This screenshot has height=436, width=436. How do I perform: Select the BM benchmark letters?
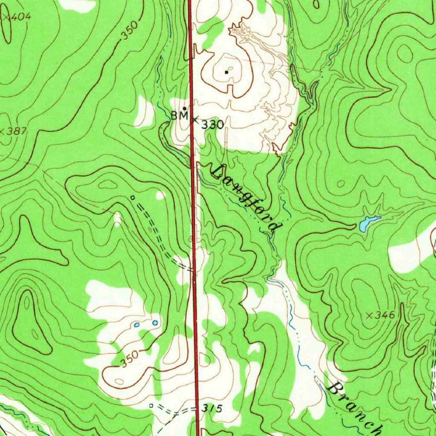click(179, 115)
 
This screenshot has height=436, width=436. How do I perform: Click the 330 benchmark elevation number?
click(212, 125)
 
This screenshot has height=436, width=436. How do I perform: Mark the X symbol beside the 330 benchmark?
click(195, 120)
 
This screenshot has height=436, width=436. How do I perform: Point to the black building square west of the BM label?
click(184, 108)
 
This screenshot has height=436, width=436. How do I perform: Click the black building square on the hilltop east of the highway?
click(227, 72)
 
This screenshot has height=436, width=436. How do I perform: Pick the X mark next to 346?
click(370, 316)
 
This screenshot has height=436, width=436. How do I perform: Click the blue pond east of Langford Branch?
click(367, 223)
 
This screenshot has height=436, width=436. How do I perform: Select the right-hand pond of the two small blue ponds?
click(155, 323)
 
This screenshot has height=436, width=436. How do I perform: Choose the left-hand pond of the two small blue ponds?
click(137, 325)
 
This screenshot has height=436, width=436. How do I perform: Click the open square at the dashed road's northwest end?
click(132, 197)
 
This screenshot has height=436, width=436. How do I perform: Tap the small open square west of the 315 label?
click(151, 406)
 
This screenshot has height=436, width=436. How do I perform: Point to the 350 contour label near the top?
click(129, 32)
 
